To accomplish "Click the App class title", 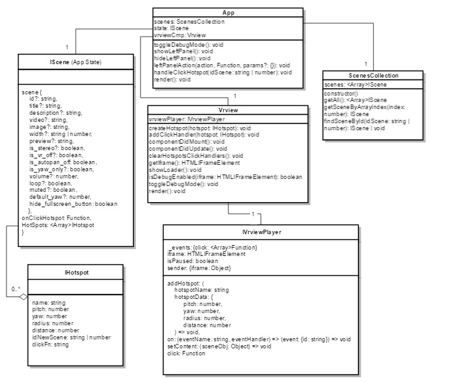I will [228, 13].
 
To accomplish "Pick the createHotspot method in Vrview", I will [199, 128].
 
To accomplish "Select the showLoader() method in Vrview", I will [172, 169].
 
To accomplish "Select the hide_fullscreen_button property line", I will [73, 203].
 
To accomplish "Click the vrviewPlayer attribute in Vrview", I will [187, 119].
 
